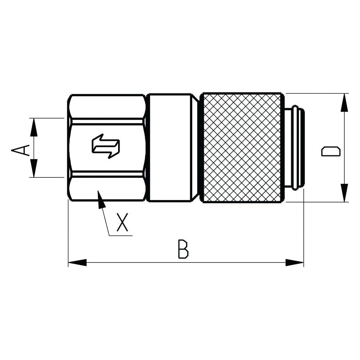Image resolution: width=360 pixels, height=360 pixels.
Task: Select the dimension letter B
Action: tap(183, 249)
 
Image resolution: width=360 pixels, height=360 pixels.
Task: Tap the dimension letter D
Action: tap(331, 150)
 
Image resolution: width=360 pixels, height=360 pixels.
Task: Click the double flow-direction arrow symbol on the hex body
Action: tap(106, 146)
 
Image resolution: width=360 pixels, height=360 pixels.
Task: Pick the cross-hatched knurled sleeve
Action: tap(242, 147)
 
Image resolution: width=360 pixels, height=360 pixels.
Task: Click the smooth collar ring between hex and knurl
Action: tap(169, 147)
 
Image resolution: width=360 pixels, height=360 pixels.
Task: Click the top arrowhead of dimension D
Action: tap(344, 103)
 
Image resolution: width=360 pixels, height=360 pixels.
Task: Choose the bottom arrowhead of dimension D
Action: tap(344, 193)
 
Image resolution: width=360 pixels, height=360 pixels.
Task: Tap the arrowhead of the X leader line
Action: tap(101, 200)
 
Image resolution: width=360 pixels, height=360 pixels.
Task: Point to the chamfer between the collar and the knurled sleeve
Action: tap(195, 147)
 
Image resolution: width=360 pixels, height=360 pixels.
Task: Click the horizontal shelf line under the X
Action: tap(121, 236)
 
